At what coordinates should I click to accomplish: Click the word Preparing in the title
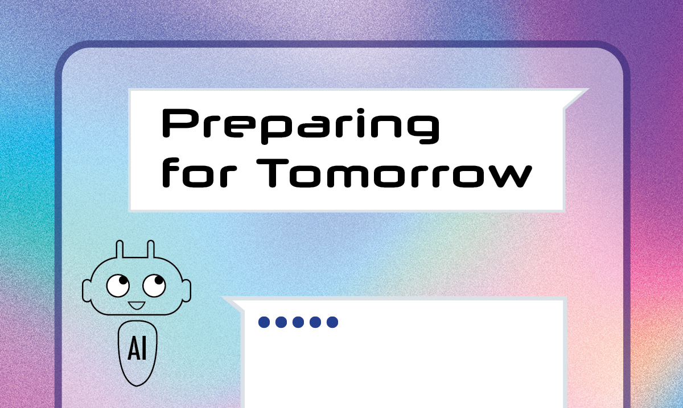tap(301, 126)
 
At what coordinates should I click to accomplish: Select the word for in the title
tap(199, 172)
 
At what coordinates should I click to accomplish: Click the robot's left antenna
tap(120, 249)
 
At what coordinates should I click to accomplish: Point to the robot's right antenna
tap(151, 249)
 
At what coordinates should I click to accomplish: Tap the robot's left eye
tap(118, 285)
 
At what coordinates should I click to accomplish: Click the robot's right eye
tap(154, 285)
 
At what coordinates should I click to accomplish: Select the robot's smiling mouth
tap(136, 305)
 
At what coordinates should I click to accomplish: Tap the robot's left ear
tap(87, 291)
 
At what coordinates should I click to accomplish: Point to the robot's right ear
tap(187, 291)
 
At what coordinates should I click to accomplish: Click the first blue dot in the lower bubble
tap(264, 322)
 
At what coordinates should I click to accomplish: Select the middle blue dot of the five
tap(298, 322)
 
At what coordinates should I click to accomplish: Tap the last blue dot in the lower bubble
tap(332, 322)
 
